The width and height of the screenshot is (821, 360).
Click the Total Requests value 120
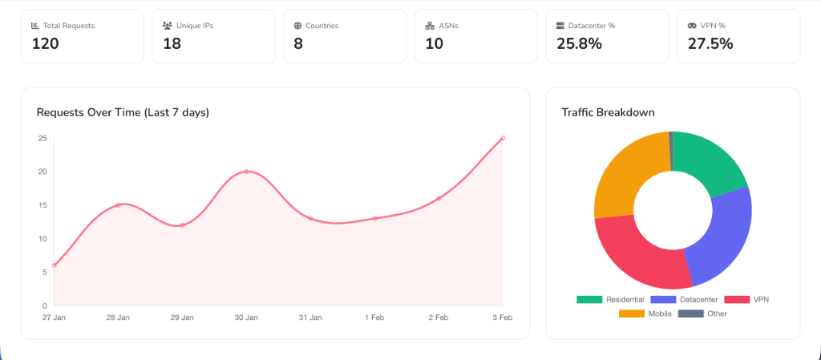[46, 44]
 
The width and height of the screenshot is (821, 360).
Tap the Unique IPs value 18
[172, 44]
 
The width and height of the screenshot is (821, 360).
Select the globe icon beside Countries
[298, 26]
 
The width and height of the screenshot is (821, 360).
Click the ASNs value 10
[435, 44]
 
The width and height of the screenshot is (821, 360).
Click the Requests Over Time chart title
[123, 112]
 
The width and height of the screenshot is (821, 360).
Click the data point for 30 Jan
[246, 172]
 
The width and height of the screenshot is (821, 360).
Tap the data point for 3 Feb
[503, 138]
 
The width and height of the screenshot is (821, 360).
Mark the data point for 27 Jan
[55, 265]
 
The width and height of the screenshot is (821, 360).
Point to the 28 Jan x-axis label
[118, 318]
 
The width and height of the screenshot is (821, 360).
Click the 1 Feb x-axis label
[374, 318]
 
